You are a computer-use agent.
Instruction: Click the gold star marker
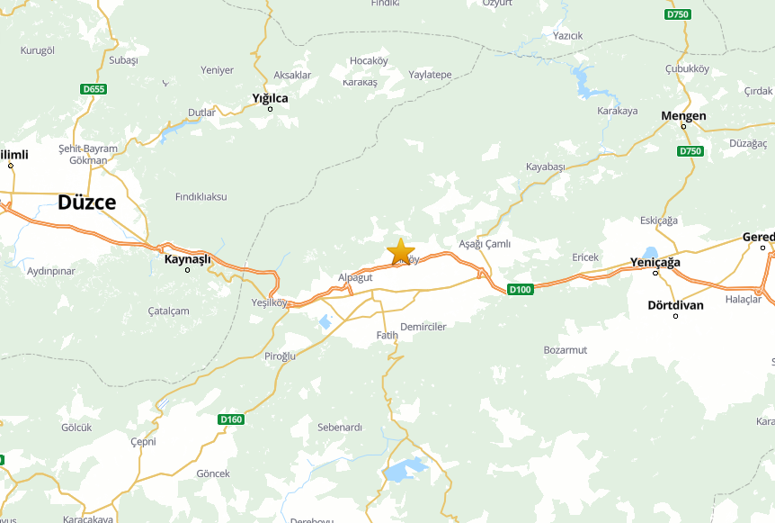coord(400,251)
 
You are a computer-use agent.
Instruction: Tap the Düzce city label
coord(86,203)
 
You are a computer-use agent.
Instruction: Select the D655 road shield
coord(93,89)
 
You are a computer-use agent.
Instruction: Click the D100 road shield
coord(520,289)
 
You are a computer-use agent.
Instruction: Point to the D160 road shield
coord(231,419)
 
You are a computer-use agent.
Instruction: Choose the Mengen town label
coord(683,116)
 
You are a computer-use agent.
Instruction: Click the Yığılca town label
coord(270,97)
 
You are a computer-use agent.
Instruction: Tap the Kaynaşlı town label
coord(187,259)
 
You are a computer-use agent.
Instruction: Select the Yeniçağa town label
coord(655,262)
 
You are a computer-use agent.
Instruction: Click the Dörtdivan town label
coord(675,305)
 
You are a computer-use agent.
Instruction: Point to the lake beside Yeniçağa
coord(650,253)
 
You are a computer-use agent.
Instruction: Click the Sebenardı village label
coord(340,427)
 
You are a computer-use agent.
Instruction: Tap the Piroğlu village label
coord(280,356)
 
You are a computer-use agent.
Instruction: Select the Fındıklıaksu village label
coord(201,196)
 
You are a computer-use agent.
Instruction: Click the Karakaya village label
coord(617,111)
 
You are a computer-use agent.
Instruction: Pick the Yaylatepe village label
coord(430,75)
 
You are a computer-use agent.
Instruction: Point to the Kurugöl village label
coord(38,50)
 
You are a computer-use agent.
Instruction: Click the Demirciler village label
coord(423,327)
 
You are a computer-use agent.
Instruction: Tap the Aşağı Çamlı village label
coord(485,244)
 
